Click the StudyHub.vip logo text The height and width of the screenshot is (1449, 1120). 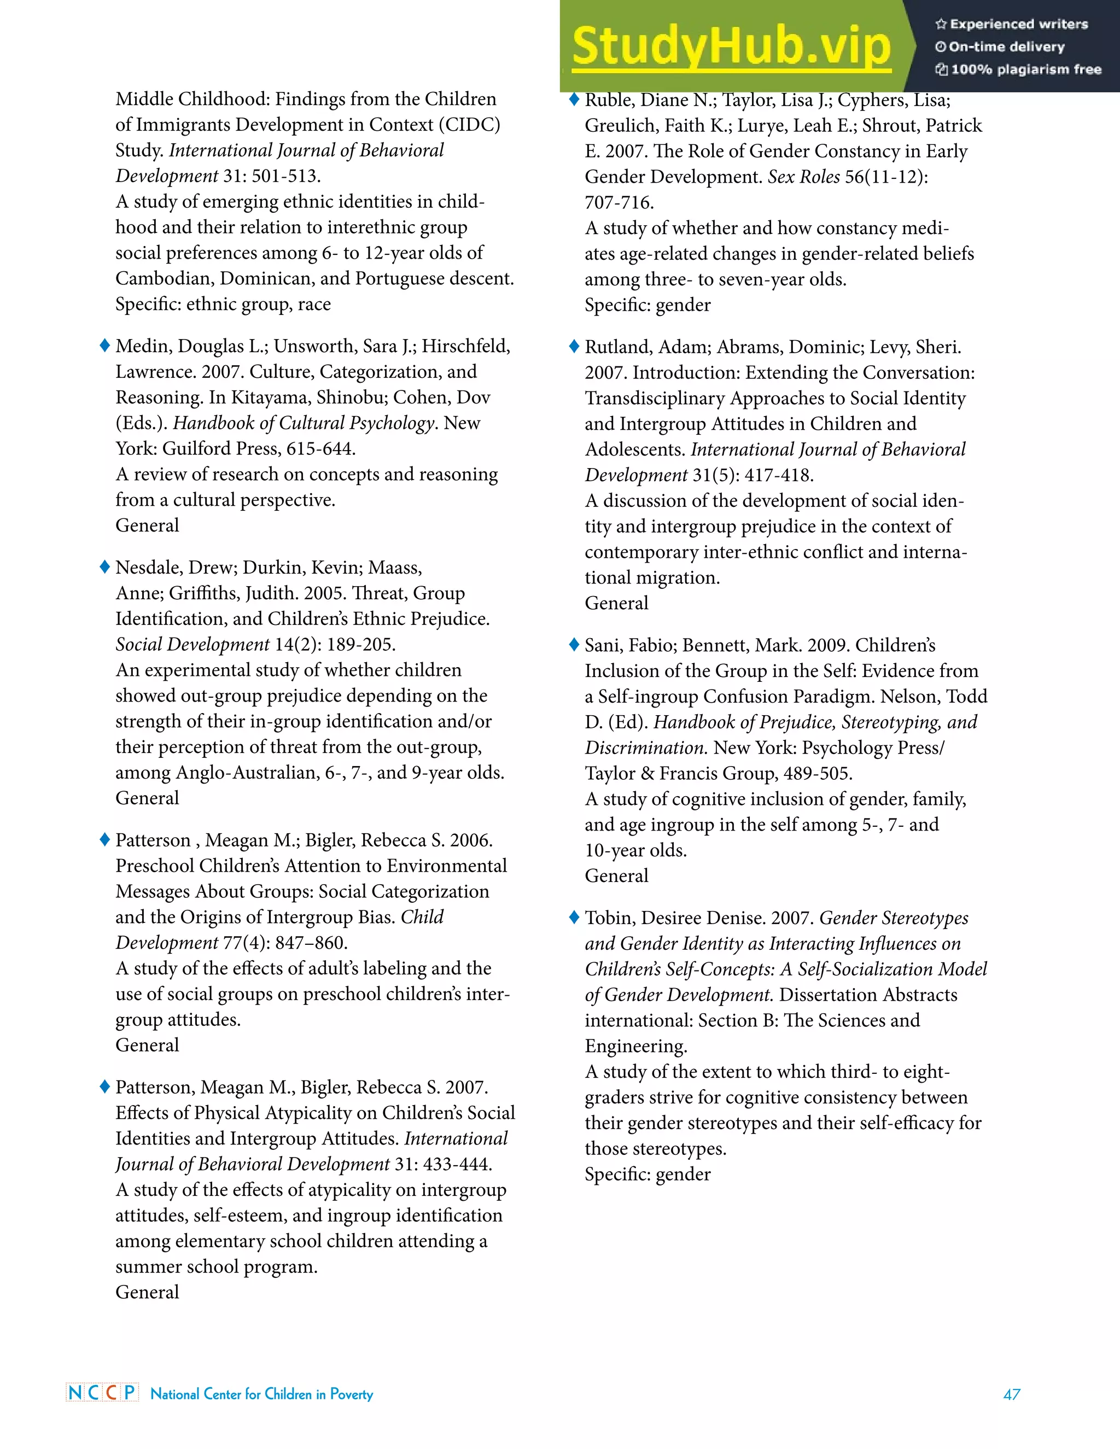731,46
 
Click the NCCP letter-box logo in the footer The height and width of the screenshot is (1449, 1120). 102,1392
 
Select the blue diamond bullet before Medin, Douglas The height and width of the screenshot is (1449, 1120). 104,345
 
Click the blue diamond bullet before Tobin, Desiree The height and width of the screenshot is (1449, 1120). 574,917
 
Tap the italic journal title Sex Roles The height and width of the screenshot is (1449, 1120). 803,177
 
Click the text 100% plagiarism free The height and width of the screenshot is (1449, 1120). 1026,69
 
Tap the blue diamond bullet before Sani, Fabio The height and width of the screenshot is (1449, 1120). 574,644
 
